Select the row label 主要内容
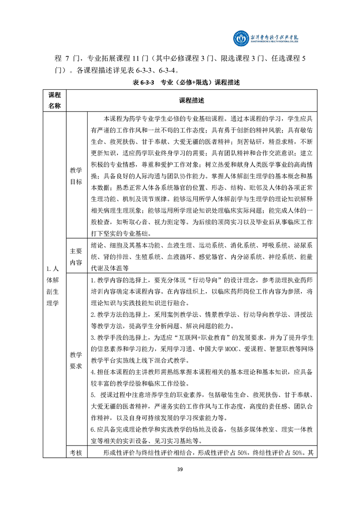[x=76, y=256]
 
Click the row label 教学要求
[x=76, y=360]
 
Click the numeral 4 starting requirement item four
[x=92, y=373]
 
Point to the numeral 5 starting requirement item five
[x=92, y=396]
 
